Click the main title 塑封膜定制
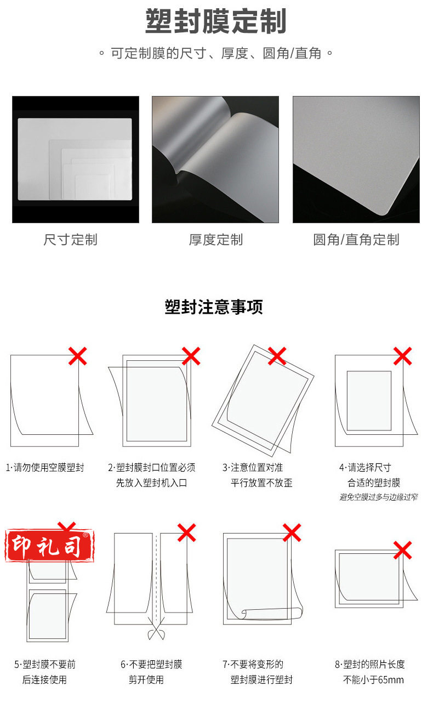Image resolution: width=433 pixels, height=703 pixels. pos(215,21)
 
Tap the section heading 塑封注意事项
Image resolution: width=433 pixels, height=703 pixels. pos(214,307)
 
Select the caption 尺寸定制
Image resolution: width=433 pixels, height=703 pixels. pos(70,240)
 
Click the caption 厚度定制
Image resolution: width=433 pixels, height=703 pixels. pos(216,240)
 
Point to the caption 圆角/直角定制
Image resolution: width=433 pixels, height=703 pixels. pos(356,240)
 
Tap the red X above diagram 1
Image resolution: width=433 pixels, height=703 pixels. pos(77,356)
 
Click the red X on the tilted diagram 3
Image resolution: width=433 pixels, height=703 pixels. pos(277,356)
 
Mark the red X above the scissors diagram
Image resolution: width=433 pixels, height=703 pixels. pos(187,532)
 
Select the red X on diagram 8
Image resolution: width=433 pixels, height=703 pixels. pos(402,550)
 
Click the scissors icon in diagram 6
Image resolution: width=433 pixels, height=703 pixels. pos(156,628)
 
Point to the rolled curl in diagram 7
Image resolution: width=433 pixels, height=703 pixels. pos(272,614)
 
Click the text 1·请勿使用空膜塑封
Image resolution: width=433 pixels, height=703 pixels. pos(45,468)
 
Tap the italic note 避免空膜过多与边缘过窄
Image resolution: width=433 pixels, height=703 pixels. pos(378,497)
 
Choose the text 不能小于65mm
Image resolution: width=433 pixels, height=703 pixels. pos(373,680)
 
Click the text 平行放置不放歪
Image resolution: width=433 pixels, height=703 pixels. pos(261,483)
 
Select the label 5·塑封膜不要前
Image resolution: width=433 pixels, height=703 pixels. pos(45,665)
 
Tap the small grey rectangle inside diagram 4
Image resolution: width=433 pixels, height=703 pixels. pos(369,401)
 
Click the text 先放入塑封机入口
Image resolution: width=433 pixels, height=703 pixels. pos(151,483)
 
